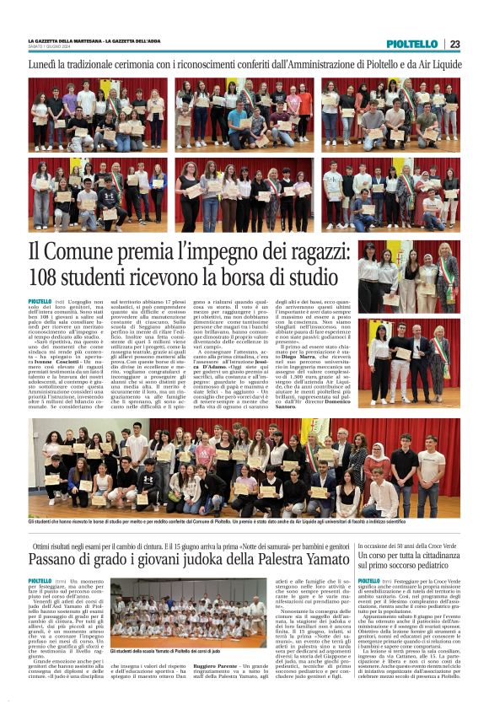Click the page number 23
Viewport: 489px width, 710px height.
coord(454,44)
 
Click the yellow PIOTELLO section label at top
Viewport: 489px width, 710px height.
coord(412,44)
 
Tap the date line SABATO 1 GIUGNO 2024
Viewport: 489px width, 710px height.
coord(53,48)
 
